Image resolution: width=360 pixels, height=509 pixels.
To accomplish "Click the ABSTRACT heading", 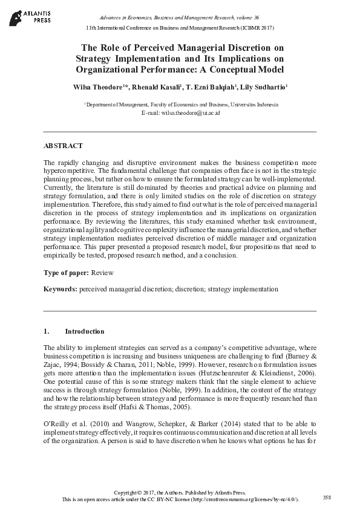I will pos(63,146).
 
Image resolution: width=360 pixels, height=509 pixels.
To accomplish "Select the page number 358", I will pos(327,497).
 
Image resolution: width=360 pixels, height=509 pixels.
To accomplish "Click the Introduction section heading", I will pos(84,331).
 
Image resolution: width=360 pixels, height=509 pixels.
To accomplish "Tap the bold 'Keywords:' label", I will pos(61,290).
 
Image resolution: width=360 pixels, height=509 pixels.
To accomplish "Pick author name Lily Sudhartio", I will pos(265,88).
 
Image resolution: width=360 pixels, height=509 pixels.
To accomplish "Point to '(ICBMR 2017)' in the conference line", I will pos(258,28).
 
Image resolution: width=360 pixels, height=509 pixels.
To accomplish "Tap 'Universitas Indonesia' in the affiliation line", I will pos(254,104).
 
